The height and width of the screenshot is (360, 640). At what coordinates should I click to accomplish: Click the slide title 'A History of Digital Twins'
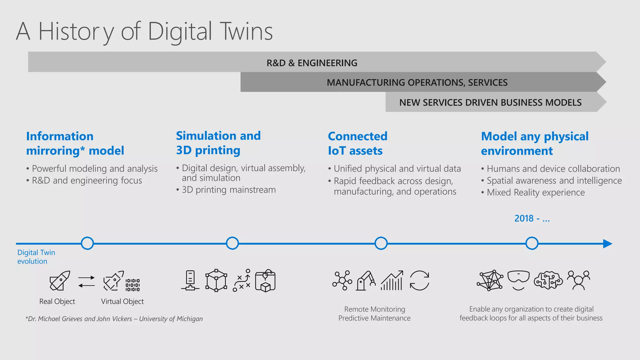pos(144,32)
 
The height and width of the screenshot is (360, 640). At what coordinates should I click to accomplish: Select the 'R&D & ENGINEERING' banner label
pos(312,63)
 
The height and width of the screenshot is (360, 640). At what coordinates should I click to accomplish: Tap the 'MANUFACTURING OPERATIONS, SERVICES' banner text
pos(417,82)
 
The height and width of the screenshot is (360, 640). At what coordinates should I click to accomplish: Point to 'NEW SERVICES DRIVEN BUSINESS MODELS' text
pos(490,102)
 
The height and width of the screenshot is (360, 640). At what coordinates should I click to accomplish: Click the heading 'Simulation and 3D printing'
pos(218,143)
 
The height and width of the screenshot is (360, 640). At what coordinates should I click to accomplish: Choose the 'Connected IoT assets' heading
pos(357,143)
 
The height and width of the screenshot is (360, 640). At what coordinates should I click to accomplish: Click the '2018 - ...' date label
pos(532,218)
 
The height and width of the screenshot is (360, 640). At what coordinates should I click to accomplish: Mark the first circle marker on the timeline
pos(87,243)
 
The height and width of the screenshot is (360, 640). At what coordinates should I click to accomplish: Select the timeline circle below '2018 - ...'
pos(532,243)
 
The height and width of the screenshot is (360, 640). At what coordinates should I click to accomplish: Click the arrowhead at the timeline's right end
pos(607,243)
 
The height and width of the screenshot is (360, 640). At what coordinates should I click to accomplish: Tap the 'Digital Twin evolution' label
pos(36,257)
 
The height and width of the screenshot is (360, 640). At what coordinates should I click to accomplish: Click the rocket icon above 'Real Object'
pos(60,280)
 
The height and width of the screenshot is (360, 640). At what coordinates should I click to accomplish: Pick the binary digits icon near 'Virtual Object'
pos(132,285)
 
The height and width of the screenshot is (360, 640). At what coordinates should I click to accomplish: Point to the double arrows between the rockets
pos(87,281)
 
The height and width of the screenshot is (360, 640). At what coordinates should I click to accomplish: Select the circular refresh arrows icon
pos(419,281)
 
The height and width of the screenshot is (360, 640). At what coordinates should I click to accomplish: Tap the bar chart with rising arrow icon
pos(392,280)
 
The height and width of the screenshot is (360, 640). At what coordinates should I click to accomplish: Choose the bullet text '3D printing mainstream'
pos(228,190)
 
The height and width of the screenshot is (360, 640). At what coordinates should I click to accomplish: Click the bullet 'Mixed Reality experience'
pos(535,192)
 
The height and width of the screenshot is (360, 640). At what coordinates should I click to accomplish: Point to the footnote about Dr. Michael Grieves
pos(114,319)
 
